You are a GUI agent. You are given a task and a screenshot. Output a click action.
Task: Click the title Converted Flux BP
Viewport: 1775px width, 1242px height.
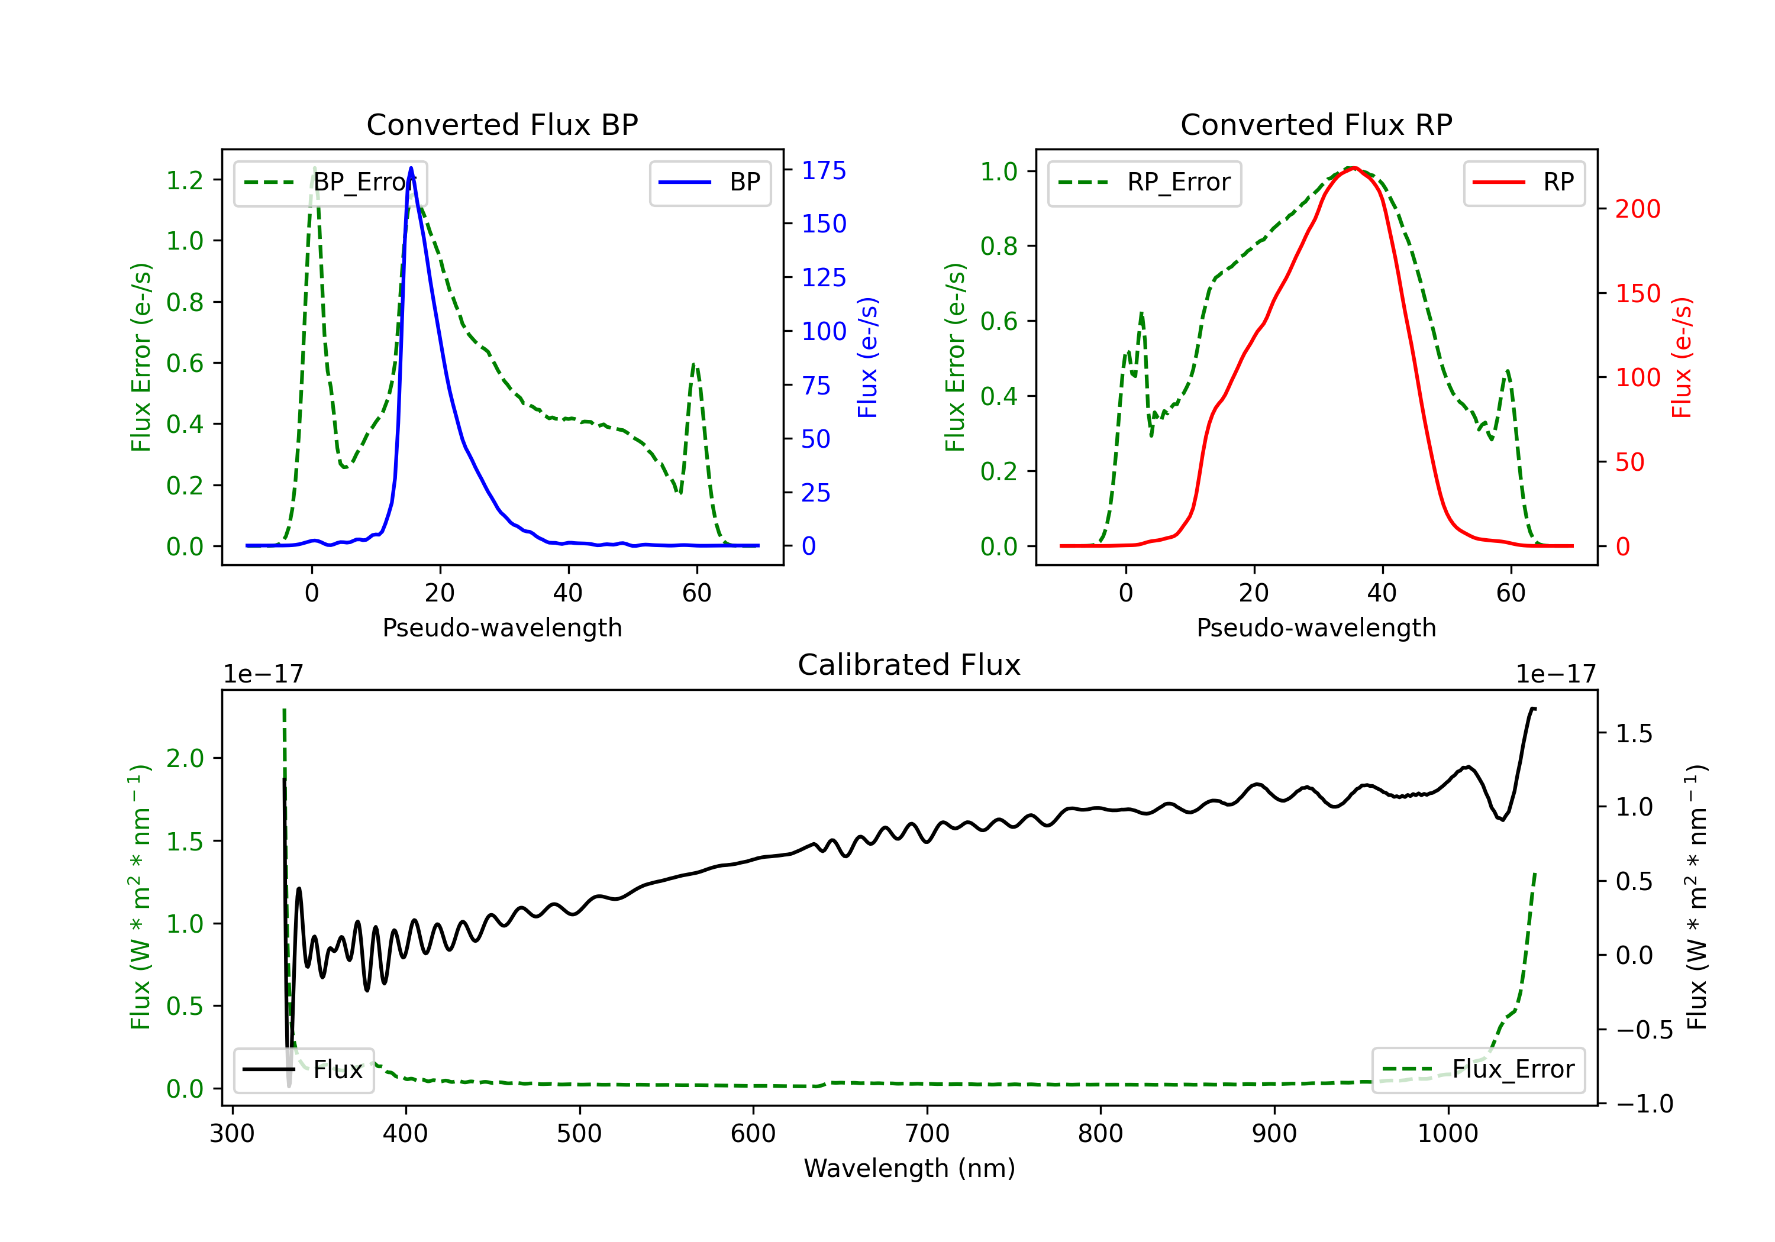pyautogui.click(x=502, y=124)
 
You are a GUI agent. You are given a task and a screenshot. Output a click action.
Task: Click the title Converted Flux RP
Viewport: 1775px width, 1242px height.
pyautogui.click(x=1316, y=124)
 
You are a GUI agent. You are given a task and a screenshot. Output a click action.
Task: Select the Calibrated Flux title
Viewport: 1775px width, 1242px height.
pyautogui.click(x=909, y=665)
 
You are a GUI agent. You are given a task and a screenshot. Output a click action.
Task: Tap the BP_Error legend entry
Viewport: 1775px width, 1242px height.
pyautogui.click(x=330, y=182)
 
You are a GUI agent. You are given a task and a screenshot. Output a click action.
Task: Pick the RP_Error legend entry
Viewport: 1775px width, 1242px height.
pyautogui.click(x=1144, y=182)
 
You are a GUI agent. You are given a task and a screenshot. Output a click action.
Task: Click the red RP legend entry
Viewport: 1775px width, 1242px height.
pyautogui.click(x=1524, y=182)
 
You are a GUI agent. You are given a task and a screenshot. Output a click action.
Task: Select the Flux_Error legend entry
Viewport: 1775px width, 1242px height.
pyautogui.click(x=1478, y=1070)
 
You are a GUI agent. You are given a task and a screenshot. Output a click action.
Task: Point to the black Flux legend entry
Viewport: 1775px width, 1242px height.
pyautogui.click(x=303, y=1070)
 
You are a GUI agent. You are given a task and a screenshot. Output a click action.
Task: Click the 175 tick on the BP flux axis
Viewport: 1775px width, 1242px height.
pyautogui.click(x=824, y=171)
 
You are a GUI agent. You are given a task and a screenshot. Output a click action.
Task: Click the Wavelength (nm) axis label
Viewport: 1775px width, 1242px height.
pyautogui.click(x=909, y=1169)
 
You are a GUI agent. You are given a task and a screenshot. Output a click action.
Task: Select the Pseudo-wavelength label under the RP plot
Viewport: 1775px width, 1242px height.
pyautogui.click(x=1316, y=628)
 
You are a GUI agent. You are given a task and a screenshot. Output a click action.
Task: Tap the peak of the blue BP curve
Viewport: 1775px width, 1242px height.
pyautogui.click(x=411, y=168)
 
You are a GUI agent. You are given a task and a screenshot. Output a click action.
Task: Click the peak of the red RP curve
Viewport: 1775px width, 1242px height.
pyautogui.click(x=1354, y=168)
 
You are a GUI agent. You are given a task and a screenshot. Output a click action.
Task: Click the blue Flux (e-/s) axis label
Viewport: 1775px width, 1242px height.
pyautogui.click(x=867, y=358)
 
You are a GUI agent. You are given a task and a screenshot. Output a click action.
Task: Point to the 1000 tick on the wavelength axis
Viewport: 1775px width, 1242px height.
pyautogui.click(x=1447, y=1134)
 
